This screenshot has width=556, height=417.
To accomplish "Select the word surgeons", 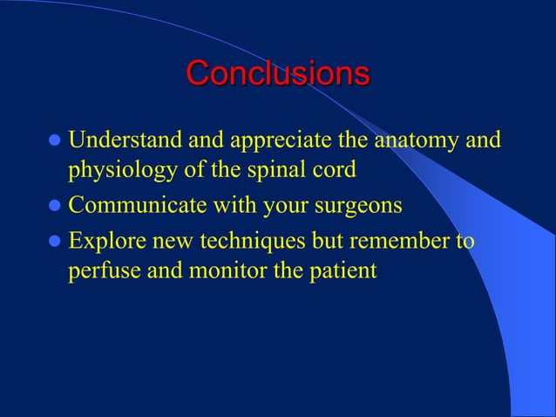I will coord(356,207).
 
